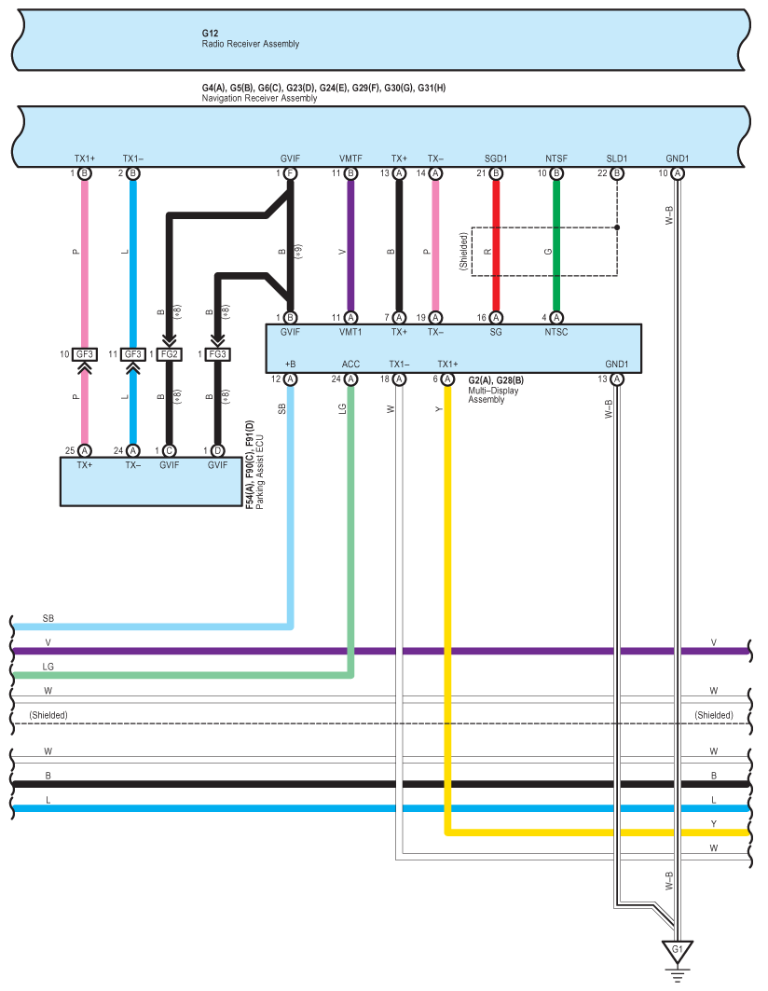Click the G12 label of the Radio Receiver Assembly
(210, 33)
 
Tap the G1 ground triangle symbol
(678, 951)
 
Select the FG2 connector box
(170, 354)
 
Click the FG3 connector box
(217, 354)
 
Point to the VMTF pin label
(350, 158)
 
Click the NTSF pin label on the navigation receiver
(556, 158)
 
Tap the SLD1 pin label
(617, 158)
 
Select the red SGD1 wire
(496, 245)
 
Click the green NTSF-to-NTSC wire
(556, 245)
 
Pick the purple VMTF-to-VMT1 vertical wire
(350, 245)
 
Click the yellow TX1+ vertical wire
(447, 607)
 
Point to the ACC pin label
(350, 364)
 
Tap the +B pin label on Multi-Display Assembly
(290, 364)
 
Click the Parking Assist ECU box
(151, 482)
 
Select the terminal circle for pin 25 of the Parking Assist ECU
(84, 450)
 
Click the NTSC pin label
(556, 332)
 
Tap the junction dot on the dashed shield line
(617, 227)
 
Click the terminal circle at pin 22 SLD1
(617, 173)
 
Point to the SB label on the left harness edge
(48, 618)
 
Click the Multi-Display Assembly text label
(493, 395)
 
